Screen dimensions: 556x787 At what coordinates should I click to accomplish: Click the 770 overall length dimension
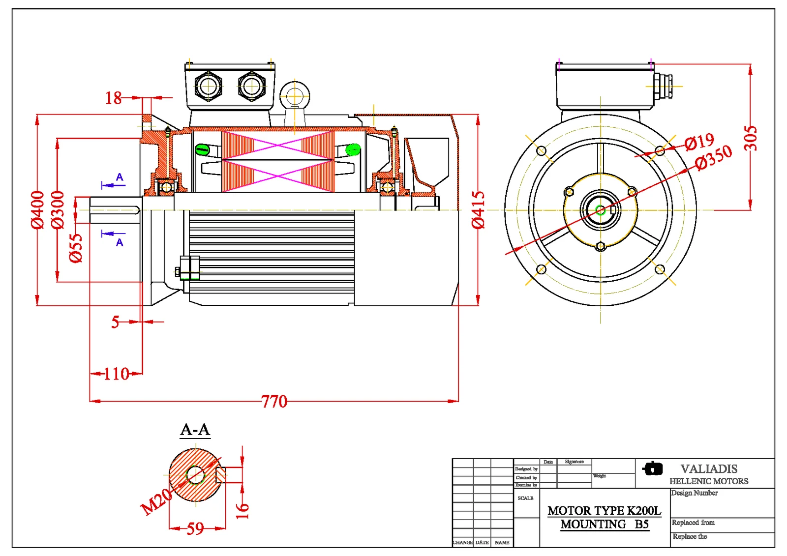tap(274, 402)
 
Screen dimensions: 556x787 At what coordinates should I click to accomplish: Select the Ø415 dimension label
tap(478, 209)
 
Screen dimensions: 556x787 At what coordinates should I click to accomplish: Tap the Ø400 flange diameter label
tap(38, 209)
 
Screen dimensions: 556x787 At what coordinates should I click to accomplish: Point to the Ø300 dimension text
tap(58, 209)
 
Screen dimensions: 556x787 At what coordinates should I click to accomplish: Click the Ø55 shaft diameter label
tap(76, 248)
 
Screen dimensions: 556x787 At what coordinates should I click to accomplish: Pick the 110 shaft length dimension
tap(117, 374)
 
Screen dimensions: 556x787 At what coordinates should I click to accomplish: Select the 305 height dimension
tap(750, 138)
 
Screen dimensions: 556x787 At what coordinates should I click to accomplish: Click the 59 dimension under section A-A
tap(195, 528)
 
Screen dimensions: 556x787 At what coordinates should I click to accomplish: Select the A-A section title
tap(195, 430)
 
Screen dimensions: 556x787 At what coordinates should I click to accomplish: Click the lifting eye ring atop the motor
tap(295, 94)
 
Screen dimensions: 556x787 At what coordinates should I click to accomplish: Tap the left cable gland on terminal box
tap(208, 86)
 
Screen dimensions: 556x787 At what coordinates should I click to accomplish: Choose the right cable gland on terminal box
tap(252, 86)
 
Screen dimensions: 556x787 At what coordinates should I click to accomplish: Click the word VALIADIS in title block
tap(709, 469)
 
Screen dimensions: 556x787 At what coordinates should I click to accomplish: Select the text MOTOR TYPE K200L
tap(605, 511)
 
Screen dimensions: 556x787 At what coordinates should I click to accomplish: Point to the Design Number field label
tap(695, 493)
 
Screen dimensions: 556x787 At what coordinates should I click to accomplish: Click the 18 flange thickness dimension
tap(114, 98)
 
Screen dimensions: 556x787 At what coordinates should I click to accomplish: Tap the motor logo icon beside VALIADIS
tap(653, 468)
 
